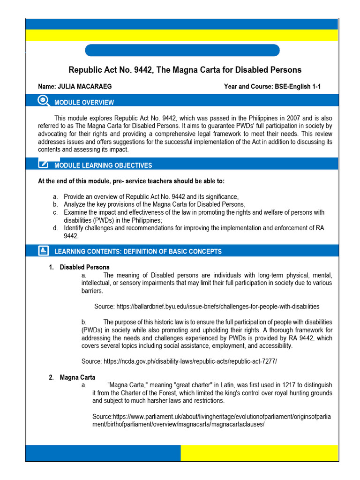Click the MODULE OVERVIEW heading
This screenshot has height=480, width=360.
84,102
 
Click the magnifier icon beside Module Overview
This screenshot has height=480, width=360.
43,100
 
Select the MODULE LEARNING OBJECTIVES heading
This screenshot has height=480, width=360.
103,165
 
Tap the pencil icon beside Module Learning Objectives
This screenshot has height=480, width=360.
43,164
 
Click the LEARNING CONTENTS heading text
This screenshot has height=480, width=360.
138,251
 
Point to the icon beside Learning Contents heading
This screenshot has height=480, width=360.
43,251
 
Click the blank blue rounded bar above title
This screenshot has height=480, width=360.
182,50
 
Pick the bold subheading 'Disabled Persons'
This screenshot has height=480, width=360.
84,267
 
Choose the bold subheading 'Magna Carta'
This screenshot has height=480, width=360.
77,377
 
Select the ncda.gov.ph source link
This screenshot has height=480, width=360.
190,361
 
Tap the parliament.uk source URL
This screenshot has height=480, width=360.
212,420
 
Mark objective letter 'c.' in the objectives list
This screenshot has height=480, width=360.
55,212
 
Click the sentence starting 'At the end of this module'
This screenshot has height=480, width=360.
134,181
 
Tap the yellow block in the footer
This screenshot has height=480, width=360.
259,453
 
